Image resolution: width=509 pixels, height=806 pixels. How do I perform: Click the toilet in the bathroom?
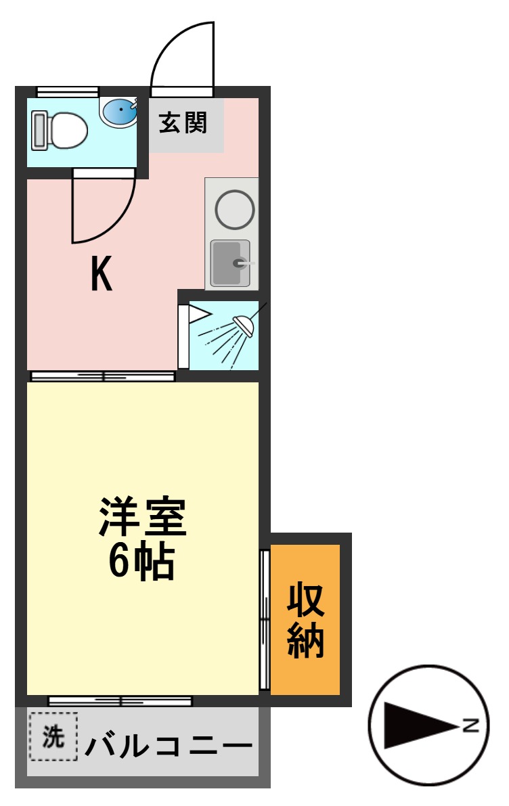click(61, 130)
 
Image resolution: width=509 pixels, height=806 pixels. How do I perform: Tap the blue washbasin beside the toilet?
click(120, 111)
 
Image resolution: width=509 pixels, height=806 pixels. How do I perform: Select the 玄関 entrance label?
click(183, 124)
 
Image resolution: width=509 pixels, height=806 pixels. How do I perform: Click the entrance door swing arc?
click(177, 54)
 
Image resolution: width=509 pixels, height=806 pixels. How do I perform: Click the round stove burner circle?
click(234, 208)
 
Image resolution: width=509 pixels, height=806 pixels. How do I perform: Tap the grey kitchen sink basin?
click(229, 263)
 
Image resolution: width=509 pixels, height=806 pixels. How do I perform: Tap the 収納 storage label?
click(305, 619)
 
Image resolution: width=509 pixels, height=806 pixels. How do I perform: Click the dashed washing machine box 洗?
click(53, 736)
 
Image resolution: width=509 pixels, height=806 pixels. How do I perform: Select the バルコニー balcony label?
click(169, 746)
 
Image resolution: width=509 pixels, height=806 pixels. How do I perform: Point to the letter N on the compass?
click(472, 727)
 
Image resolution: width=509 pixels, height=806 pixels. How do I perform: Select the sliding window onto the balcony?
click(120, 701)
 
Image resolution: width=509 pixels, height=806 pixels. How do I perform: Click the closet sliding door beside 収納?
click(265, 619)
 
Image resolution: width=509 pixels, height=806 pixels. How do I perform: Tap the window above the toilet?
click(68, 91)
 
